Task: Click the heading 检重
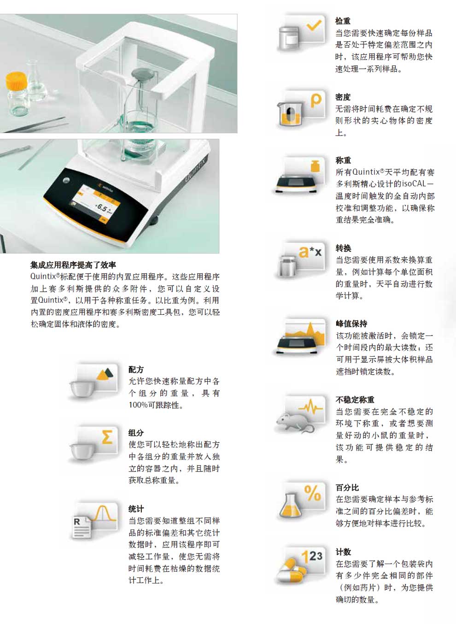click(x=343, y=21)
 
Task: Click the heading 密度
click(x=343, y=97)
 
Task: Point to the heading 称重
click(x=343, y=160)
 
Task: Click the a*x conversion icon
click(x=301, y=261)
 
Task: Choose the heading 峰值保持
click(x=351, y=324)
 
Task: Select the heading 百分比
click(x=347, y=487)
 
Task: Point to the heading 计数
click(x=343, y=552)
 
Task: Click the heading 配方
click(x=136, y=369)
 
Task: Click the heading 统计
click(x=136, y=508)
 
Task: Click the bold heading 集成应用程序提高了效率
click(x=73, y=265)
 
